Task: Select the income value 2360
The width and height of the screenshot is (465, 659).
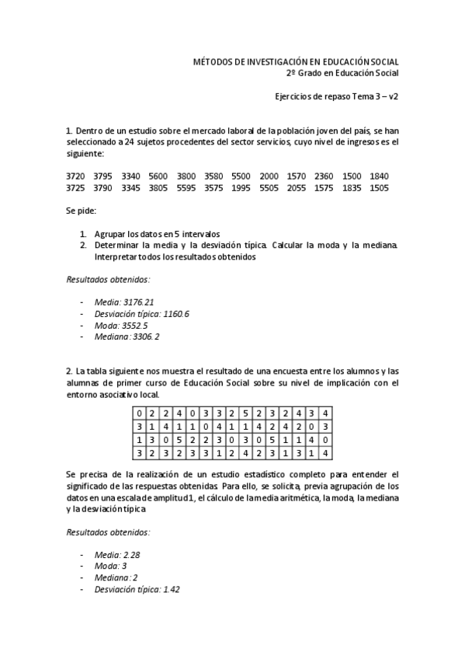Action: click(x=324, y=176)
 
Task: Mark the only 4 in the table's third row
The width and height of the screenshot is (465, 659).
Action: click(x=313, y=439)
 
